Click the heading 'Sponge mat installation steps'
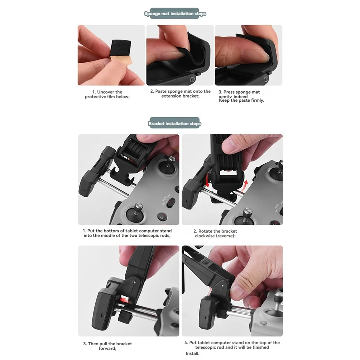pos(175,14)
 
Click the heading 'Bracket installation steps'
pos(174,124)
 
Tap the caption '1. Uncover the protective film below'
pos(107,94)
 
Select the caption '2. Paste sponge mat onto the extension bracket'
pos(180,94)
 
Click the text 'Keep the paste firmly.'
pos(241,100)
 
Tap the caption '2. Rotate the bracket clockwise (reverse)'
pos(215,233)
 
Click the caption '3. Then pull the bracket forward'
pos(107,346)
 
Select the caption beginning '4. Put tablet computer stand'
pos(232,345)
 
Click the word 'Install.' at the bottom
pos(192,353)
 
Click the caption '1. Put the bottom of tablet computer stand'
pos(127,233)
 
